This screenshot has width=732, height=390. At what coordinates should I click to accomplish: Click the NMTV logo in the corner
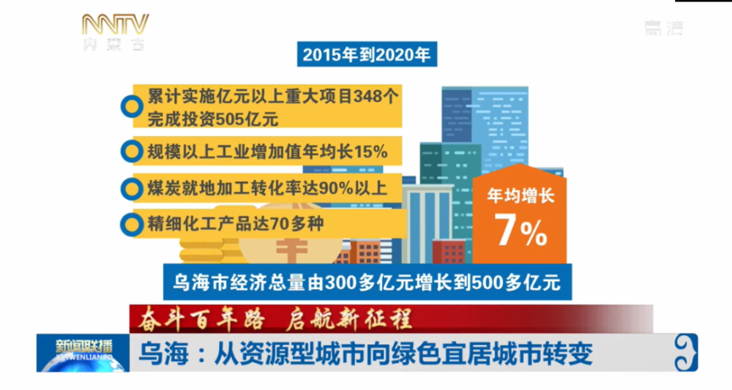115,31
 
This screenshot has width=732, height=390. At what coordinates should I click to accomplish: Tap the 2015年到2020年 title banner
367,55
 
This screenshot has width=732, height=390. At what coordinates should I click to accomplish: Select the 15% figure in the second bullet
370,151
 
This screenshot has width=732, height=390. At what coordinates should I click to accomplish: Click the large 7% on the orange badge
520,230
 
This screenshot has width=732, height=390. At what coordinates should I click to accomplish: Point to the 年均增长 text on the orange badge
520,195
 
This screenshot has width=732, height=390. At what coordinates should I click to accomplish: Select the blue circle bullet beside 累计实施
132,106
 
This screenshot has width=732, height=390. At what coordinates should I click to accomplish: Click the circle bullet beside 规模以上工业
132,151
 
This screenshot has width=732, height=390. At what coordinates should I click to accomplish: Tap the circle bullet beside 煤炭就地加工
132,189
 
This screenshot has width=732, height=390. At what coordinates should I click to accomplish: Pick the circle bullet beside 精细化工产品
132,225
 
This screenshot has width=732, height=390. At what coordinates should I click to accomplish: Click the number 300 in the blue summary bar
341,282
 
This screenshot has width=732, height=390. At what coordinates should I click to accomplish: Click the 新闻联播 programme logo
83,353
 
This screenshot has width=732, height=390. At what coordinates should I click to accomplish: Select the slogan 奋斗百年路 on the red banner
202,319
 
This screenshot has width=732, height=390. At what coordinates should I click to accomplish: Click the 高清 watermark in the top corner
664,29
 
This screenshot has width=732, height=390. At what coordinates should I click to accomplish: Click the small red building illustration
449,252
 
